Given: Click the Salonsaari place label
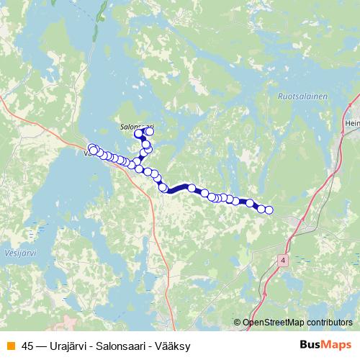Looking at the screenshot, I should (x=136, y=125).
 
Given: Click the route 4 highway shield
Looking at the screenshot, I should (x=284, y=258).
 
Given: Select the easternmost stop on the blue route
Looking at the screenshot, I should (x=269, y=210).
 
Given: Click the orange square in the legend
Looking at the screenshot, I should (x=10, y=346).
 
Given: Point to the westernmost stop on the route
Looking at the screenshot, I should (x=91, y=148).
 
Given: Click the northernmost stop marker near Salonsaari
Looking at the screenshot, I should (x=150, y=132).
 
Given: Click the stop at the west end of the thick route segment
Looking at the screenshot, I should (x=163, y=189).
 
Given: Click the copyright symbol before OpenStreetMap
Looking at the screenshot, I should (x=238, y=323).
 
